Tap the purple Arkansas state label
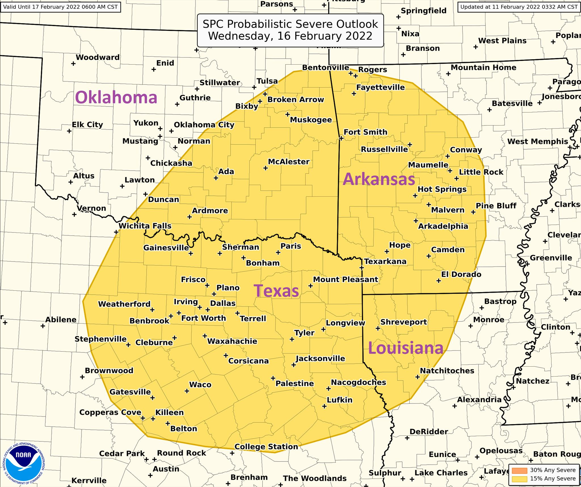click(379, 179)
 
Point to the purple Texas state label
click(276, 291)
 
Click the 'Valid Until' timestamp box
click(60, 7)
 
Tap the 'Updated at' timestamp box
click(519, 7)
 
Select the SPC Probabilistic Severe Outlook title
click(290, 30)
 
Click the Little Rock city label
click(481, 172)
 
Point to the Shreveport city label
click(403, 322)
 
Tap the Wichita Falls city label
click(145, 226)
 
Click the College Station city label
click(266, 447)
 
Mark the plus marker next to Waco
click(187, 391)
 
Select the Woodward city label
click(98, 58)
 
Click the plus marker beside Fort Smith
click(341, 138)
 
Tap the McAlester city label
click(289, 162)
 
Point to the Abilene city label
click(61, 320)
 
